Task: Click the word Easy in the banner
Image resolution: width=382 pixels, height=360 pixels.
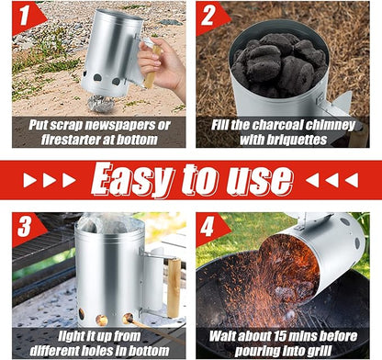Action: (x=132, y=180)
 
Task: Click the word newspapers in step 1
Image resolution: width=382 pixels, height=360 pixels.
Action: (x=121, y=126)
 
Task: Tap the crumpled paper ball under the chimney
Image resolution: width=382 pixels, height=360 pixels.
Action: (x=101, y=104)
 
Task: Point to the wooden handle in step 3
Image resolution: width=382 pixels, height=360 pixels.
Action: (x=174, y=288)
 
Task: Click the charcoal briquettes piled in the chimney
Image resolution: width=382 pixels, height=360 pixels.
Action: (x=278, y=63)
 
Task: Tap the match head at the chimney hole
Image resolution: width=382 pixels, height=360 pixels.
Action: (x=127, y=319)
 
